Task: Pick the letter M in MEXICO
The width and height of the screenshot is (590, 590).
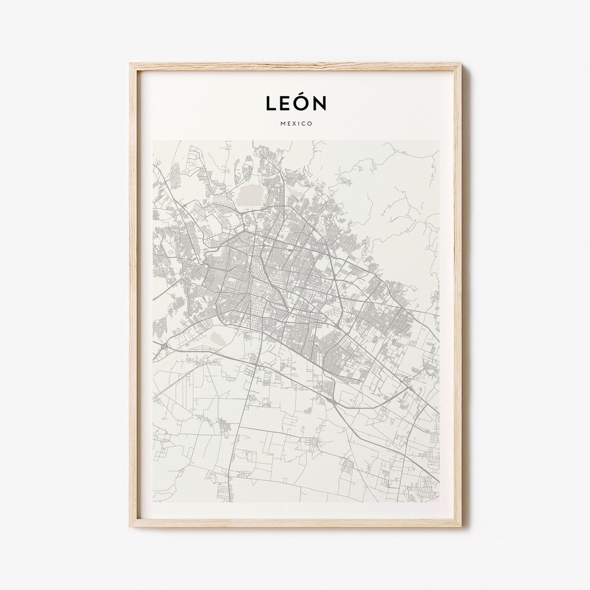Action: [282, 123]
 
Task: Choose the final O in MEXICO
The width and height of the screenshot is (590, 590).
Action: [310, 123]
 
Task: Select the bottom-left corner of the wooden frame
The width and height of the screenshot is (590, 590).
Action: [131, 526]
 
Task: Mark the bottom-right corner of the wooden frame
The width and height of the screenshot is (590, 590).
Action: [461, 526]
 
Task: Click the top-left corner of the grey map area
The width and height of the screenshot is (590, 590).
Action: [153, 141]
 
